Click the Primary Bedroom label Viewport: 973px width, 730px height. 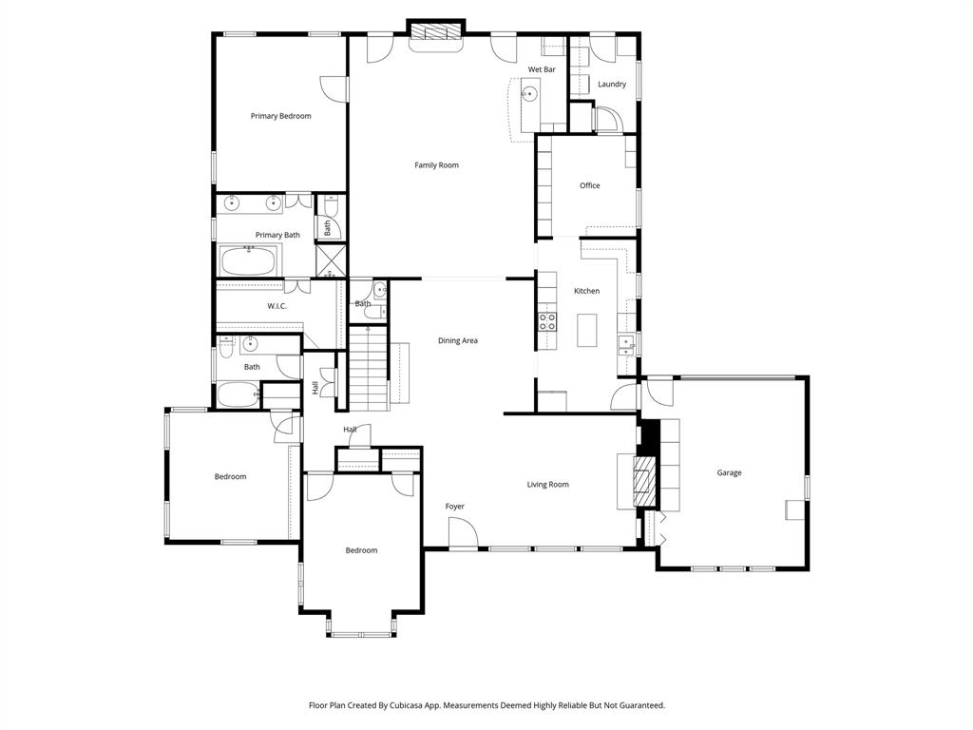(x=280, y=116)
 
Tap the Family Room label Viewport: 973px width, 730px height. (x=436, y=165)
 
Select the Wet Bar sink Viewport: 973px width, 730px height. (x=529, y=94)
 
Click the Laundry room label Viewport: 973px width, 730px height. (x=611, y=85)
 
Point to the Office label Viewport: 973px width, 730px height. (x=589, y=185)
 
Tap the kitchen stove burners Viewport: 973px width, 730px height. (x=547, y=320)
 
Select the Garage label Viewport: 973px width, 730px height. (x=729, y=472)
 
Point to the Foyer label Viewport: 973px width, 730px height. (x=455, y=507)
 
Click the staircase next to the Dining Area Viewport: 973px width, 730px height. (x=368, y=366)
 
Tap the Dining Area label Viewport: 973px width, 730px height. (x=457, y=340)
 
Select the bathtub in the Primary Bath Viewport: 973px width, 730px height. (x=249, y=259)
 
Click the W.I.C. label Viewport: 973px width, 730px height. (x=277, y=306)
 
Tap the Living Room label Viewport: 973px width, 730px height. (x=547, y=485)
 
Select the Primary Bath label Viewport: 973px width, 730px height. (x=277, y=235)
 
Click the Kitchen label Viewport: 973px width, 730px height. (x=586, y=291)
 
